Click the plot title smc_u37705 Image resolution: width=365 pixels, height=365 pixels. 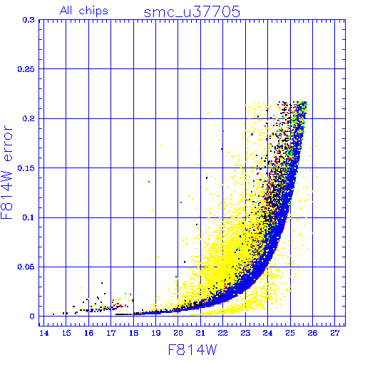coord(192,12)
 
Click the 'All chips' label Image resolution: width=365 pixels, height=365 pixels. coord(84,11)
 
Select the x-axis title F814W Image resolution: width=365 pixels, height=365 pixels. coord(192,350)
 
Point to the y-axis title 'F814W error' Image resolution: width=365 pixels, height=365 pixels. coord(6,172)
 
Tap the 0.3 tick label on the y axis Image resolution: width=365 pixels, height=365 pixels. coord(29,20)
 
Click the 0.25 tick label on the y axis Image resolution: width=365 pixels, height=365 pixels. coord(26,69)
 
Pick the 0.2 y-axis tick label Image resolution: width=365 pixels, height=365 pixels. coord(29,118)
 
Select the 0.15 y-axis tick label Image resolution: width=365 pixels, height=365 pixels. coord(26,168)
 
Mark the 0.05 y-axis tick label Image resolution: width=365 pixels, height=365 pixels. coord(26,267)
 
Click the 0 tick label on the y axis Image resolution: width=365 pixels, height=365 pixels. coord(32,317)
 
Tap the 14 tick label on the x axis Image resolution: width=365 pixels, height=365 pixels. coord(43,333)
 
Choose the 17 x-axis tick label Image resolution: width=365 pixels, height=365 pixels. coord(111,333)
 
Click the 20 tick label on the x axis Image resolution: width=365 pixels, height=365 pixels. coord(178,333)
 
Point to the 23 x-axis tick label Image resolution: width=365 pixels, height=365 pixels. coord(245,333)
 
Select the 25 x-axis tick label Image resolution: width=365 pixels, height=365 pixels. coord(290,333)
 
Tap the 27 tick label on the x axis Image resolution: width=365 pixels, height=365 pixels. coord(335,333)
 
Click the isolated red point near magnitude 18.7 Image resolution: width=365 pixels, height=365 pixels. coord(149,182)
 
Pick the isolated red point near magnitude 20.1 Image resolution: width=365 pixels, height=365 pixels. coord(181,202)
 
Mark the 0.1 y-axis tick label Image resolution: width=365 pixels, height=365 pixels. coord(29,217)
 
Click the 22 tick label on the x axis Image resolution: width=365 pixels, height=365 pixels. coord(222,333)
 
